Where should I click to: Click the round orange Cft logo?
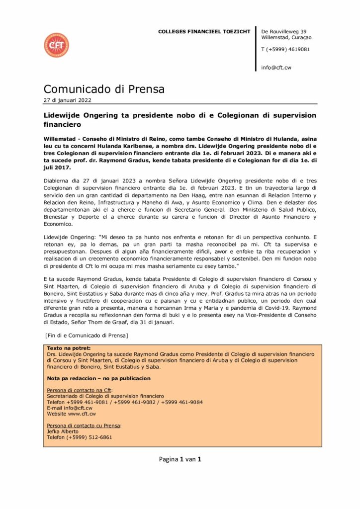click(56, 45)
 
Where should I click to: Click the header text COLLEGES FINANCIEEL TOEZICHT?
click(204, 31)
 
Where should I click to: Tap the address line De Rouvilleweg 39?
click(283, 31)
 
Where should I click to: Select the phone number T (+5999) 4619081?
click(285, 49)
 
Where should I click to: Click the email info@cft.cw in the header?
click(276, 67)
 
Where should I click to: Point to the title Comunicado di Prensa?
click(104, 89)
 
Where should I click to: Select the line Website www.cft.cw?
click(72, 414)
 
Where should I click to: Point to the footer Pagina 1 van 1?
click(180, 459)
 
